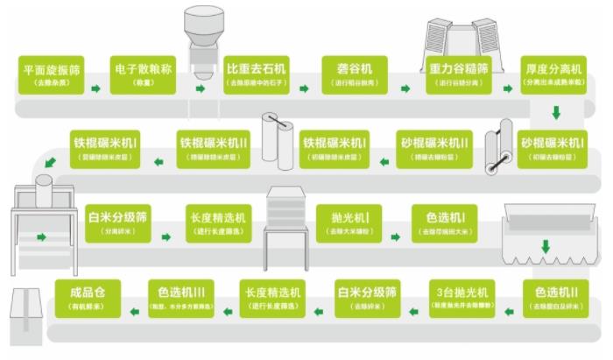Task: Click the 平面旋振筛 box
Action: (x=52, y=74)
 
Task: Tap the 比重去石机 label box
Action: (x=257, y=74)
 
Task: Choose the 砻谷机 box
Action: (x=355, y=74)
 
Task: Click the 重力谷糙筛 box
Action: (x=459, y=74)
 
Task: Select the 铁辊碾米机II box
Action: (x=215, y=147)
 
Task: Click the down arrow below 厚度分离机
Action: (x=555, y=113)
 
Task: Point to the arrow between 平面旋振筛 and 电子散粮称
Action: (x=95, y=88)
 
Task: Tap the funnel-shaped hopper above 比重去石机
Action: (x=202, y=35)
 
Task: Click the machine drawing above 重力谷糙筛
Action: (x=460, y=39)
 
